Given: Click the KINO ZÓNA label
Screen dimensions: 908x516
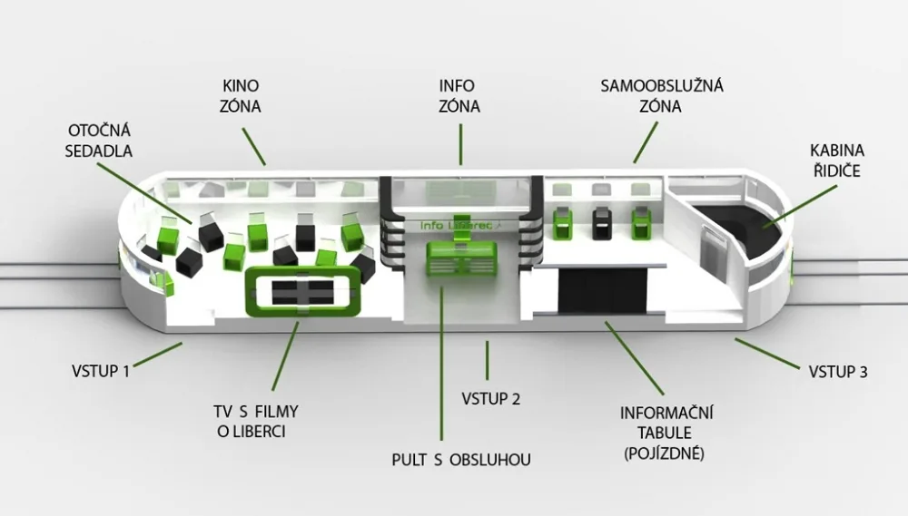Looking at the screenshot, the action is pos(241,96).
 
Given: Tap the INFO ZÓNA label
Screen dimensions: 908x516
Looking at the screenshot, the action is pos(459,96).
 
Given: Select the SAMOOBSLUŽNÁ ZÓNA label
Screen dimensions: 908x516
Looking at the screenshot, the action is pos(661,96).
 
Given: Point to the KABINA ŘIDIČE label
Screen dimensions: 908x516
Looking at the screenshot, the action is pos(837,161).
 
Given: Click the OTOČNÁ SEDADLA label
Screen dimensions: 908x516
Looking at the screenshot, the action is pos(98,141).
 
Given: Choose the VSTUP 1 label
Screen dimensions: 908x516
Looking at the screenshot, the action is pos(101,371).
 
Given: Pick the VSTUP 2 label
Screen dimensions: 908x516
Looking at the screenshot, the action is pos(491,399).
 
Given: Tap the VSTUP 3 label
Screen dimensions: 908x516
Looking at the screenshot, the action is pos(838,372).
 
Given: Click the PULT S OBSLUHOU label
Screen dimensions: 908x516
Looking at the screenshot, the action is pos(461,460).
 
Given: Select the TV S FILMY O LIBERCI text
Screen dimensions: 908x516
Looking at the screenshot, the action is pos(255,421).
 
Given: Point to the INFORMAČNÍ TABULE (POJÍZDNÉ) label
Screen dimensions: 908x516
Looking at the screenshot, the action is pos(666,433).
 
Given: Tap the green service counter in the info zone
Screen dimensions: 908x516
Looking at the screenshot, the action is pos(461,259).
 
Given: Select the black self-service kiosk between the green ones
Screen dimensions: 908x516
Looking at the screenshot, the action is pos(602,223).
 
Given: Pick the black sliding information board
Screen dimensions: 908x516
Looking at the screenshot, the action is pos(602,290).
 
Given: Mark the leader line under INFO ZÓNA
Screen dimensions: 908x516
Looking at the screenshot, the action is pos(461,144).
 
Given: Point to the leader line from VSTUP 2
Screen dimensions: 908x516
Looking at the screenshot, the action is pos(487,360).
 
